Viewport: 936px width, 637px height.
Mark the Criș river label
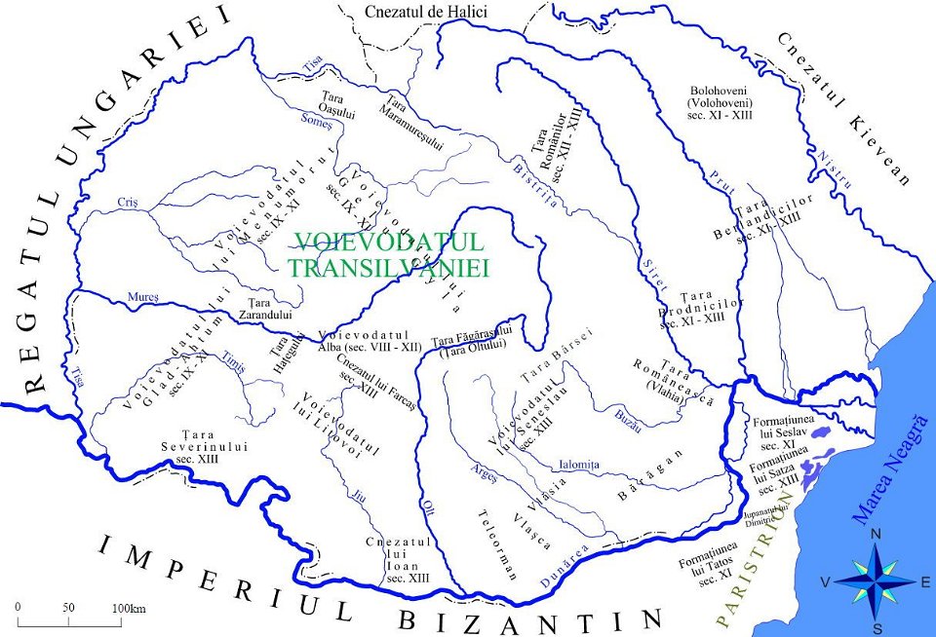tap(128, 203)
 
